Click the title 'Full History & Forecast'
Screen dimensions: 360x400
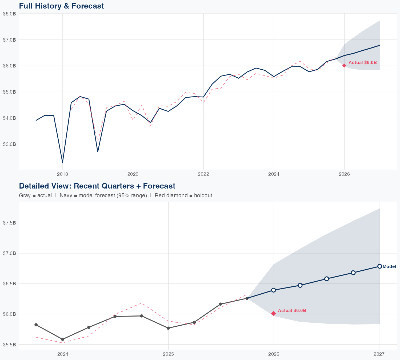61,6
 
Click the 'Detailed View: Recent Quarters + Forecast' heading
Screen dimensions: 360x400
97,186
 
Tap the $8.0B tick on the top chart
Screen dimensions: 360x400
9,14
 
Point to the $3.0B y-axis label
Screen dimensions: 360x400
9,144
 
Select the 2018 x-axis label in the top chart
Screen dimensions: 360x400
62,174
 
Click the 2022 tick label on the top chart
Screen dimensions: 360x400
203,174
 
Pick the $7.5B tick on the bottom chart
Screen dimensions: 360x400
9,223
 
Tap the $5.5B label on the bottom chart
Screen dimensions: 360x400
9,345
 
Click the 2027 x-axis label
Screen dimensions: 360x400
379,354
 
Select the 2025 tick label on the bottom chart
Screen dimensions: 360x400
168,354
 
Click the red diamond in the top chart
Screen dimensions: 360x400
344,65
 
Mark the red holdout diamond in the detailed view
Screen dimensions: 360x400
274,314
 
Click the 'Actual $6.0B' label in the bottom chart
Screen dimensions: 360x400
292,311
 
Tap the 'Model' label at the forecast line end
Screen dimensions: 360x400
389,266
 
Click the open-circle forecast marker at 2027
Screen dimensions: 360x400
379,266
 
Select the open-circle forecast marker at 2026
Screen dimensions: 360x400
274,290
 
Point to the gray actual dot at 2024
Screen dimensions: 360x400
63,339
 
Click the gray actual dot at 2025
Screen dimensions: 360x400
168,328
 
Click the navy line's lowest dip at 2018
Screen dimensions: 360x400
62,162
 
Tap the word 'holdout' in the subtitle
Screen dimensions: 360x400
203,195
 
